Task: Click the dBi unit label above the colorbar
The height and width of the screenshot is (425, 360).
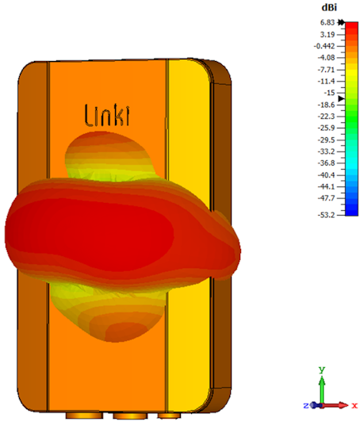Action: [329, 8]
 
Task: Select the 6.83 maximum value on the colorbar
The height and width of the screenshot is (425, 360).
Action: [327, 22]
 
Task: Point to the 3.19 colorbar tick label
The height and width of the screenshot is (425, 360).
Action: [327, 34]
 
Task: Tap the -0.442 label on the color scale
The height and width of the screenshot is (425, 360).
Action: [324, 46]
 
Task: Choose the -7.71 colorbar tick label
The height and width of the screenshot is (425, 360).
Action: [326, 70]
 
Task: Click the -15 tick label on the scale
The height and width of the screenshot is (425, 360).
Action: [329, 93]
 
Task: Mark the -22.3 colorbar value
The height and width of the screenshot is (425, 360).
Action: [326, 117]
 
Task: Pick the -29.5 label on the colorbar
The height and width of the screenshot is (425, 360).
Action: [326, 140]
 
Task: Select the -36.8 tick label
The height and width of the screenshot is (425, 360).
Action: [326, 163]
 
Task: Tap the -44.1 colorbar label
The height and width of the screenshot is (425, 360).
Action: [326, 186]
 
